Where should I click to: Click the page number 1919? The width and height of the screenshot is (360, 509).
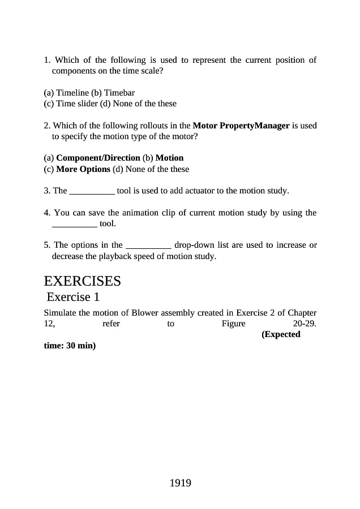click(180, 483)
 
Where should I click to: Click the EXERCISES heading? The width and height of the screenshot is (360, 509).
click(82, 281)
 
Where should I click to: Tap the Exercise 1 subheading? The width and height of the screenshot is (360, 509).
click(74, 297)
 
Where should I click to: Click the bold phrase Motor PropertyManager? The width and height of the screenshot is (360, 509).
click(241, 126)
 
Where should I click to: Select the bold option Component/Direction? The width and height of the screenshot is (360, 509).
click(98, 158)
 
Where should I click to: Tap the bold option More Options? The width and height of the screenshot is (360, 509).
click(83, 169)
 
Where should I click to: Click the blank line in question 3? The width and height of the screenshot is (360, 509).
click(92, 191)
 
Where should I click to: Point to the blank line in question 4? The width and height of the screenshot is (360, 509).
click(74, 224)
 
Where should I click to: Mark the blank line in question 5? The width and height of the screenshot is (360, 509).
click(148, 245)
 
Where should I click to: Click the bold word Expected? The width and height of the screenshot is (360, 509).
click(281, 335)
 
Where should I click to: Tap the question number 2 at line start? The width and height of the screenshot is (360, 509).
click(47, 126)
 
